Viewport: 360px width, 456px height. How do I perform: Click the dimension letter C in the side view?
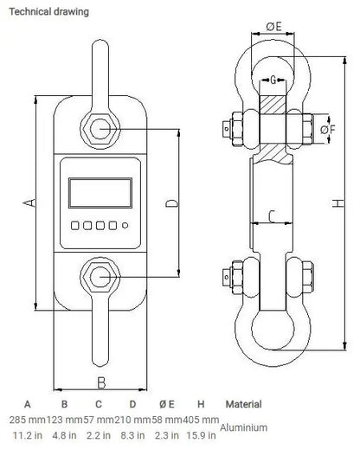tap(272, 215)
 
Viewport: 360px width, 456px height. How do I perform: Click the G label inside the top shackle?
tap(273, 80)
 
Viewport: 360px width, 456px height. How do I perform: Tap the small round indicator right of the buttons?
tap(125, 227)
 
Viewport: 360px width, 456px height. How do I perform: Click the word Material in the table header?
tap(243, 405)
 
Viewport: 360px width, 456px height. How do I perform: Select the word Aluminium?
tap(244, 427)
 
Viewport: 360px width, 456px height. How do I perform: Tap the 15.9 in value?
tap(201, 435)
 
